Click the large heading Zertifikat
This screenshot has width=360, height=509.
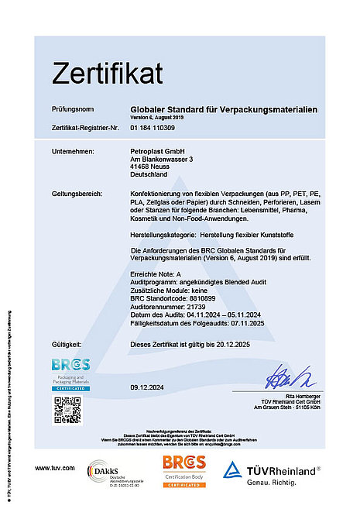point(108,73)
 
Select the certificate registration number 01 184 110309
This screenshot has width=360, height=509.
point(153,127)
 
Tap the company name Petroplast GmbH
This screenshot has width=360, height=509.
point(154,150)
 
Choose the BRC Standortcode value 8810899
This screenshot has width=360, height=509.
point(198,297)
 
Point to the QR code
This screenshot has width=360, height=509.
point(67,408)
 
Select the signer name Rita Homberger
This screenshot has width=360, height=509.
point(295,397)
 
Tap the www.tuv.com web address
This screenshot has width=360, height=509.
point(54,468)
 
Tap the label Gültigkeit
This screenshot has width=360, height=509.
point(67,342)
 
